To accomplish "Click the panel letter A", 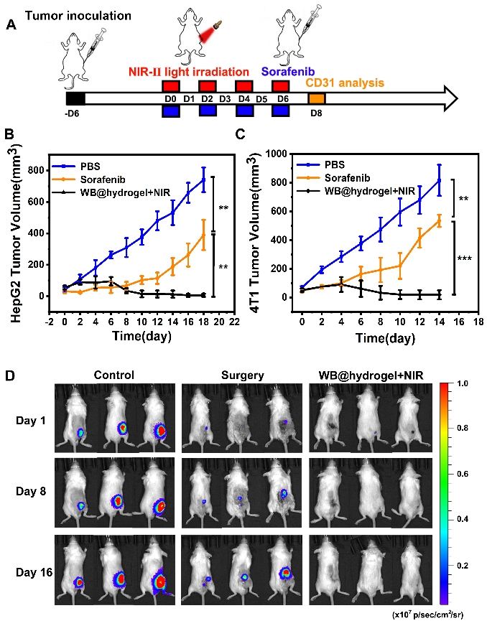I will click(x=11, y=27).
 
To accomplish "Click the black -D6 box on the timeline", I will click(x=75, y=99).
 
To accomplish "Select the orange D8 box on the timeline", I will click(x=317, y=99).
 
